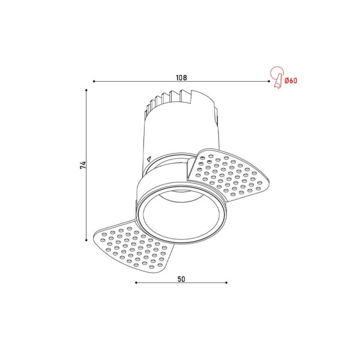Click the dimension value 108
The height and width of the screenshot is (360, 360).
181,77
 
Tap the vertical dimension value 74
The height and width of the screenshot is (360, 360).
83,165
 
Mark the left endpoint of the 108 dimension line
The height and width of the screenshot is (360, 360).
94,81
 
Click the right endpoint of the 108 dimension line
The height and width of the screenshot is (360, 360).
268,81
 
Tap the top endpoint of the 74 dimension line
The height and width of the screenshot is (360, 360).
87,90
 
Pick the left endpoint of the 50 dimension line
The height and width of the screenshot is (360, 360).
136,282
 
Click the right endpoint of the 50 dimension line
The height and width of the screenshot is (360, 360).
227,282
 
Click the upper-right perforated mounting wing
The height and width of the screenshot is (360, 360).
231,174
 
